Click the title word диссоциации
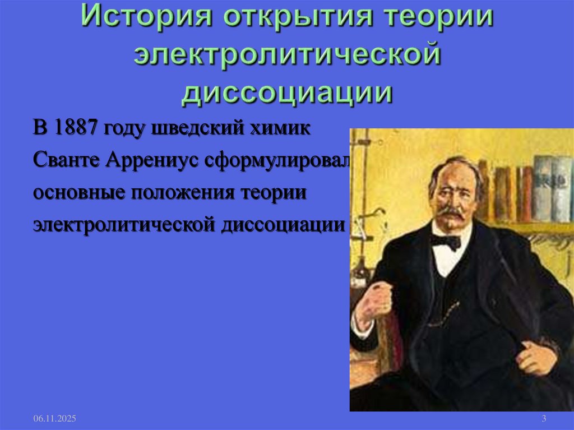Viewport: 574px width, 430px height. tap(286, 93)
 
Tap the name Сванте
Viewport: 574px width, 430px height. tap(66, 160)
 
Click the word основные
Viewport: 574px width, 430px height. tap(78, 192)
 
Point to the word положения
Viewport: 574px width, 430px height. tap(184, 192)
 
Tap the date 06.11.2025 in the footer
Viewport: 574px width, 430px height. tap(54, 419)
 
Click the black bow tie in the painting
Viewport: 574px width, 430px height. tap(445, 241)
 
